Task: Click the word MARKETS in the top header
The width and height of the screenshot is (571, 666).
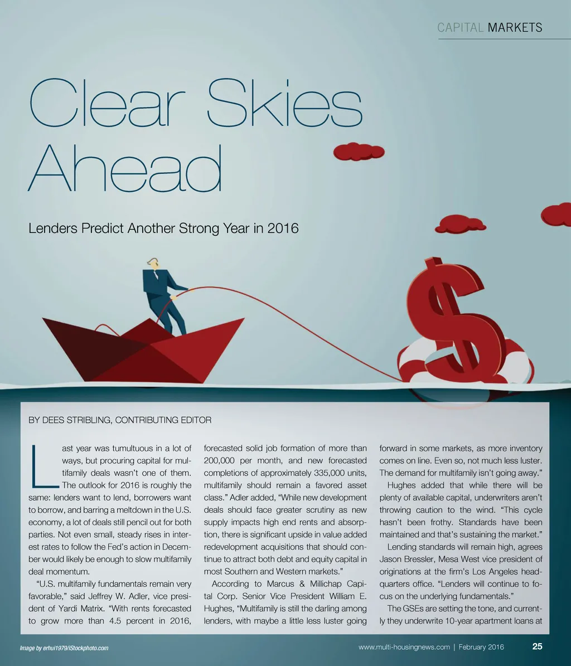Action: point(515,28)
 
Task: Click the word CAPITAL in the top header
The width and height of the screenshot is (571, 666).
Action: point(461,28)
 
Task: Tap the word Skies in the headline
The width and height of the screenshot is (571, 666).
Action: point(284,104)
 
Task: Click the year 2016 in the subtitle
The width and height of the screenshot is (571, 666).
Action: point(282,229)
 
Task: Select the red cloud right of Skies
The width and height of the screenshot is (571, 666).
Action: point(359,151)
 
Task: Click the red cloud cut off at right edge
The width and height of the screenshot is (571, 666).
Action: point(557,215)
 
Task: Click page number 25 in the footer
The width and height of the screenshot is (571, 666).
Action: point(537,646)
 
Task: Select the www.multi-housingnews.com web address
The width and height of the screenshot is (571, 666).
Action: point(404,647)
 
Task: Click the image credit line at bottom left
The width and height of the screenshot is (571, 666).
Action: point(64,648)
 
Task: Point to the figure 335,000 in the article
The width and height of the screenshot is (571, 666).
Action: point(323,473)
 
